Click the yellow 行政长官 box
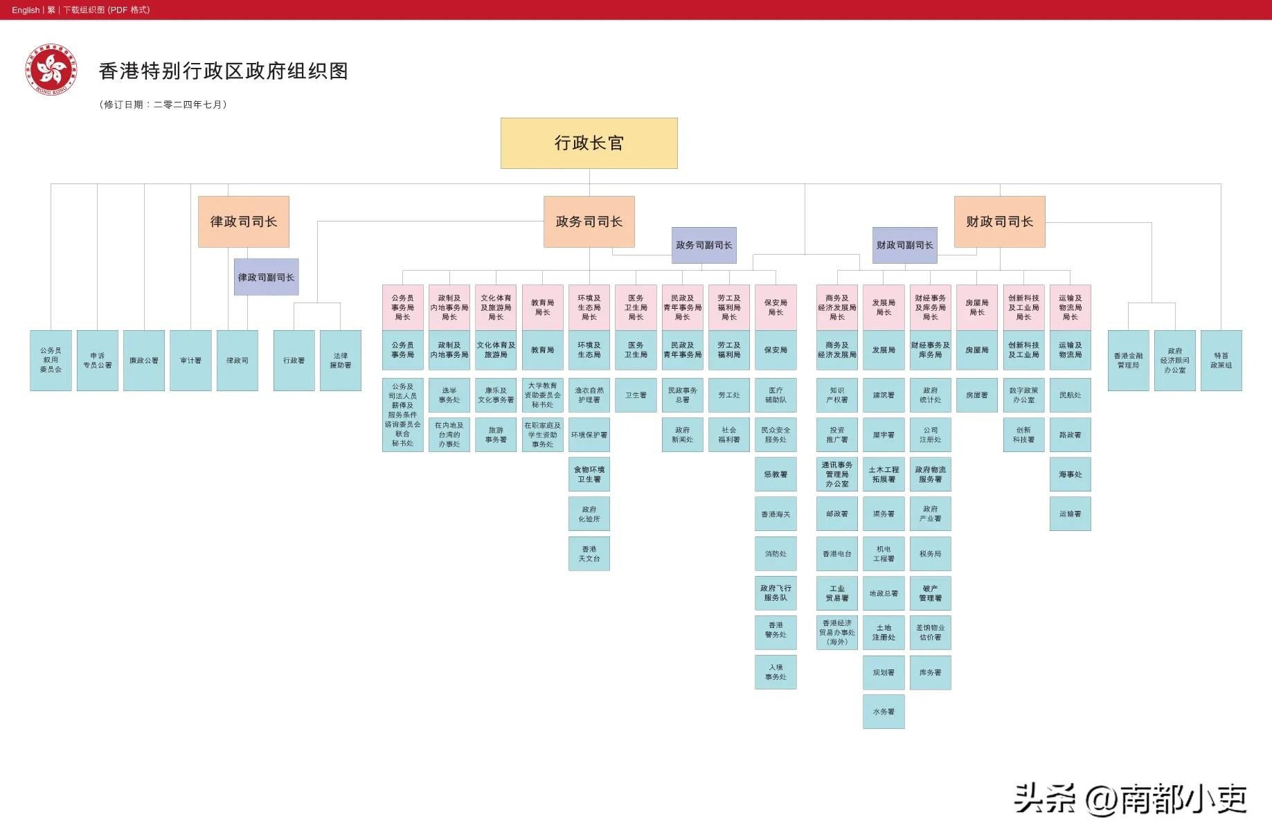(589, 143)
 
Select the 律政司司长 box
(243, 222)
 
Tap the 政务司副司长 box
(704, 245)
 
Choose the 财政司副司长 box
(904, 245)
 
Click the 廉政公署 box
(144, 361)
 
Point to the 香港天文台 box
(589, 554)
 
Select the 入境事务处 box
(776, 672)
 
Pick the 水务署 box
(884, 712)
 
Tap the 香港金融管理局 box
(1128, 361)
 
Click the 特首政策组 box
(1221, 361)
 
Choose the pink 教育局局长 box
(542, 307)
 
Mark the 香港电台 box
(836, 554)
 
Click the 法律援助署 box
(340, 361)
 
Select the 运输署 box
(1070, 514)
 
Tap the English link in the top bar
(26, 10)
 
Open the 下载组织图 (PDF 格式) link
(107, 10)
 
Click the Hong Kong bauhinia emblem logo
(51, 70)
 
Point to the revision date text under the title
(163, 105)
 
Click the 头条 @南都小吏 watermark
(1130, 800)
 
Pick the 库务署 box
(930, 672)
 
